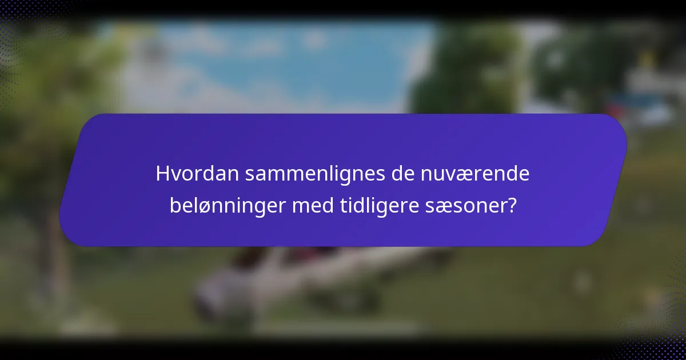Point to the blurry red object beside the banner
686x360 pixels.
tap(617, 109)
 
